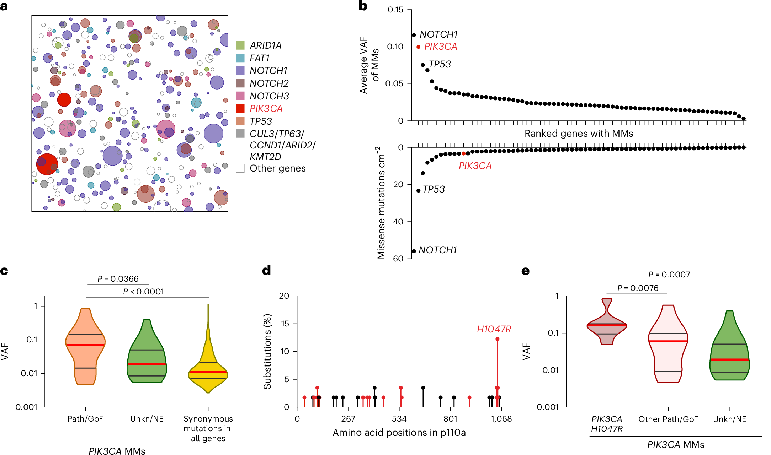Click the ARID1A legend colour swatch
[240, 45]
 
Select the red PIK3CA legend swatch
[240, 109]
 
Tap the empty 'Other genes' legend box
[240, 168]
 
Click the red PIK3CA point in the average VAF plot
[419, 47]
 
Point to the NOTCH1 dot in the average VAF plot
[414, 35]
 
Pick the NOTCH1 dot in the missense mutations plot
[414, 251]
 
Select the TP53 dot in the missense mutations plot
[419, 191]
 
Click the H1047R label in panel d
[494, 329]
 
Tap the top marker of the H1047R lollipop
[497, 339]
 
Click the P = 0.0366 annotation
[118, 279]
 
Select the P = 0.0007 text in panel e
[669, 275]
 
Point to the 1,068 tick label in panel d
[501, 419]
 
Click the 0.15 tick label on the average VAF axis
[395, 10]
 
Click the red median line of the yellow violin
[208, 372]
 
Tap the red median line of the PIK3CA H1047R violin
[607, 325]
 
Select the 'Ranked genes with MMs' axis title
[579, 134]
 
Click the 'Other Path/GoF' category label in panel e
[668, 419]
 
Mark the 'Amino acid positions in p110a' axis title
[399, 433]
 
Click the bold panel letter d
[266, 271]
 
